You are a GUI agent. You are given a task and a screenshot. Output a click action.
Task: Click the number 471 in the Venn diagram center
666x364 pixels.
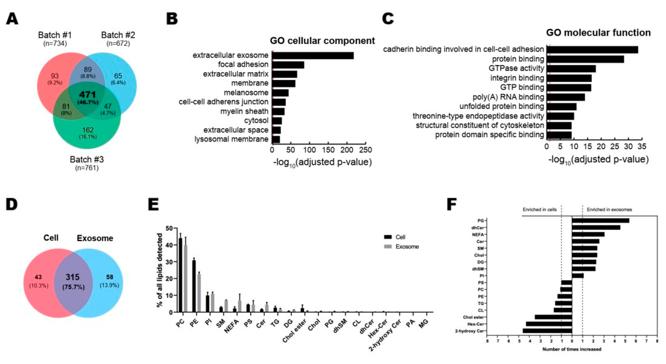(88, 94)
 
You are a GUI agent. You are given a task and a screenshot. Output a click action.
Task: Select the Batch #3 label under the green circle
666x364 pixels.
(87, 159)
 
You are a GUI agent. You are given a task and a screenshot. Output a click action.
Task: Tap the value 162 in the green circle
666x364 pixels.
(88, 130)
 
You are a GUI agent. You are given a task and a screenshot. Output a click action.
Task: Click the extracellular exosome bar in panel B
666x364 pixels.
(313, 55)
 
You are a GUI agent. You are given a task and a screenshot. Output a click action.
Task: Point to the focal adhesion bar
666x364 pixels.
(288, 65)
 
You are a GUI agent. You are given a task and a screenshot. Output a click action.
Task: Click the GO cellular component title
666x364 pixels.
(322, 41)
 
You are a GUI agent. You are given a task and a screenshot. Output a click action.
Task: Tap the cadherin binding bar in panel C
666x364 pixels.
(592, 50)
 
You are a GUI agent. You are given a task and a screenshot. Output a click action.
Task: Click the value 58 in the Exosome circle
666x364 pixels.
(110, 277)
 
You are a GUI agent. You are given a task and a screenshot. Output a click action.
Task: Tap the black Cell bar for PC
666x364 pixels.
(180, 275)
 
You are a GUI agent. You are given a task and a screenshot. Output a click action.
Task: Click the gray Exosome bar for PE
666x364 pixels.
(199, 293)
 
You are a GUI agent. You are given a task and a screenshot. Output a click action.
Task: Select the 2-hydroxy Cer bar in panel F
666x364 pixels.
(547, 331)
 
